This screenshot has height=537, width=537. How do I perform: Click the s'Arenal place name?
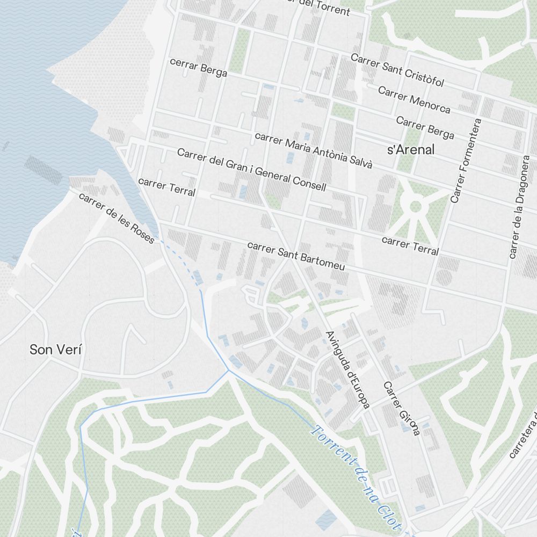(x=411, y=150)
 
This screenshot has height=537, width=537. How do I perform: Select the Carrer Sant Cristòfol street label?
(x=397, y=70)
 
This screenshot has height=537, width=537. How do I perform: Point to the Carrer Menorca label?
(x=414, y=99)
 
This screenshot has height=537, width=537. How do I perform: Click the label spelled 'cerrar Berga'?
(x=198, y=67)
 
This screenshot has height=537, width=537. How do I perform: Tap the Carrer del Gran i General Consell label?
(x=251, y=170)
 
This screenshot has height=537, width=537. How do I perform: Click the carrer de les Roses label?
(x=117, y=217)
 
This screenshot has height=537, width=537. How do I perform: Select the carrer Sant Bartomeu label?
(x=296, y=256)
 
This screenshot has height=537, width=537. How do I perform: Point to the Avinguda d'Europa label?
(x=347, y=370)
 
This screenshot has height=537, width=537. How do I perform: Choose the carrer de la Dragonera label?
(x=519, y=207)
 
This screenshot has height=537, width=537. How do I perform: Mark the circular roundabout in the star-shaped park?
(x=415, y=206)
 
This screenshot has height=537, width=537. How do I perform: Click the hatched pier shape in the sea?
(x=43, y=169)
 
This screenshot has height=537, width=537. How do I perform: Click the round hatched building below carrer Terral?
(x=443, y=277)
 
